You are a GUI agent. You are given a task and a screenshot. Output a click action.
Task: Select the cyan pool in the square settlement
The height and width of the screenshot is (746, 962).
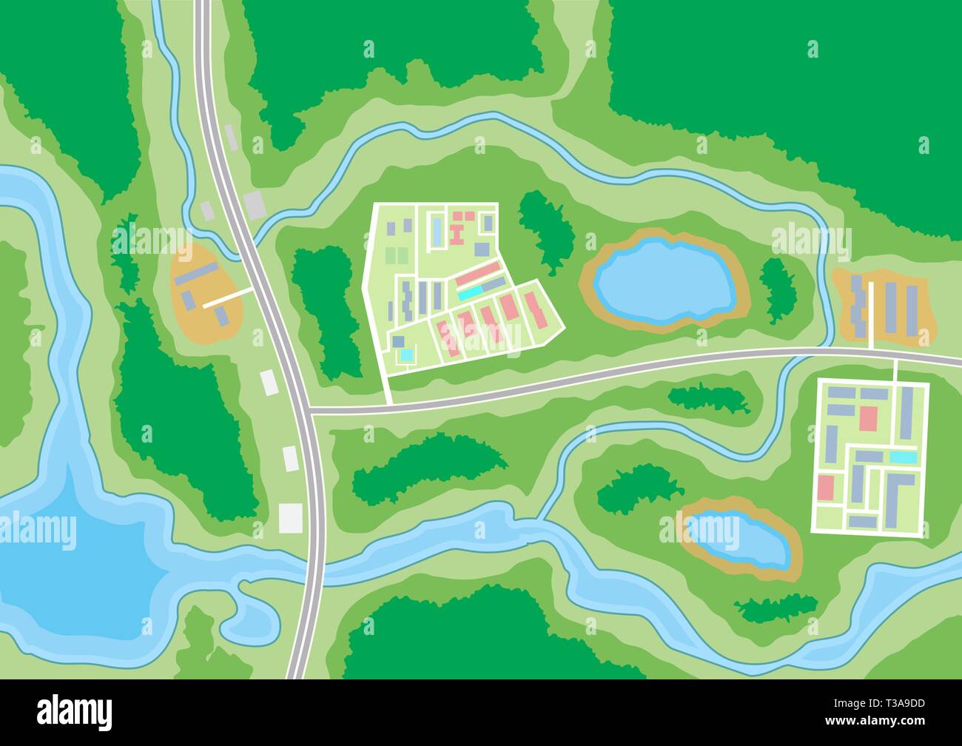click(x=901, y=457)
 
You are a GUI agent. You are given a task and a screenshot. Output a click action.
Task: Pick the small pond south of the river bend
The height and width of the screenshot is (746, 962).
click(x=737, y=540)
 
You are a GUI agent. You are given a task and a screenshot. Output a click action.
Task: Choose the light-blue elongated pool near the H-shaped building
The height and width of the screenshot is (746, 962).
click(x=438, y=232)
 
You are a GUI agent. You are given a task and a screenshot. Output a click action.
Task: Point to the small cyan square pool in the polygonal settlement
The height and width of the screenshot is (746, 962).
click(x=406, y=355)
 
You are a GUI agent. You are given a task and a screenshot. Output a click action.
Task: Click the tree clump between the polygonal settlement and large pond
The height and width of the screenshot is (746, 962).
click(x=548, y=229)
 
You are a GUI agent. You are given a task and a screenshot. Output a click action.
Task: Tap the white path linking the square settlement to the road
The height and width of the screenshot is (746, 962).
click(x=895, y=369)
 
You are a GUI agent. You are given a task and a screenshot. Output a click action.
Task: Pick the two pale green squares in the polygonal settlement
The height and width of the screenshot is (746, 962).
click(x=397, y=256)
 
